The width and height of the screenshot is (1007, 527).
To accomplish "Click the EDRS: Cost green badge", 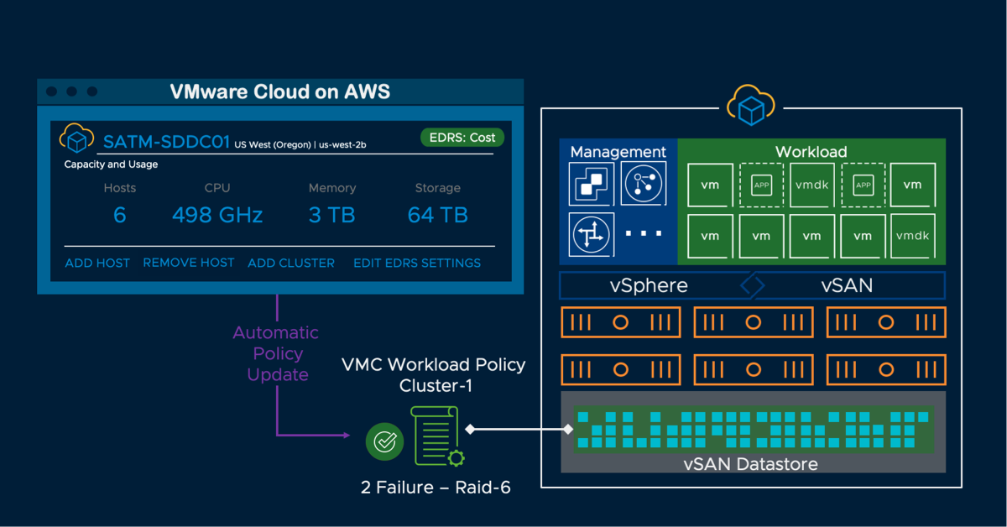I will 461,138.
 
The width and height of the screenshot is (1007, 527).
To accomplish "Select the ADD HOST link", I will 97,263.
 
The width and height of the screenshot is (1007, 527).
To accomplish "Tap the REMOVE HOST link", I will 189,263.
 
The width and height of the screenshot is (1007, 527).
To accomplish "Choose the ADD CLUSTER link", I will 291,263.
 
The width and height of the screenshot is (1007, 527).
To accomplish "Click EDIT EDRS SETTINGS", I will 417,263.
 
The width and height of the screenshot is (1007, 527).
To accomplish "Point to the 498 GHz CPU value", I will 217,215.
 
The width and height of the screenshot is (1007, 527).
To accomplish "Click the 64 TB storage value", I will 437,215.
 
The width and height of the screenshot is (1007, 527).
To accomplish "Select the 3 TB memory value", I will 331,215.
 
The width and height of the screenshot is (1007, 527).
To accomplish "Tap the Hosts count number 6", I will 119,215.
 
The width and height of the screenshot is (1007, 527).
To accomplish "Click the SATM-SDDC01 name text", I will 166,141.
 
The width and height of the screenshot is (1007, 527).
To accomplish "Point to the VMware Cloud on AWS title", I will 280,91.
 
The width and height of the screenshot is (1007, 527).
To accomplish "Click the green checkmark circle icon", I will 384,441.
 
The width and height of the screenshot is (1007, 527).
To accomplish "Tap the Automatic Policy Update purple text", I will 276,353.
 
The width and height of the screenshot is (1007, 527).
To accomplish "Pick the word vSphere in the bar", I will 649,285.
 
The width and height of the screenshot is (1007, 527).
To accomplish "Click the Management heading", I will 618,152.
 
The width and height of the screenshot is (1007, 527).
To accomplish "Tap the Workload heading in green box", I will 811,152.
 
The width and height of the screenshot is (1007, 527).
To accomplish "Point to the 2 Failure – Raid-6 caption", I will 436,486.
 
